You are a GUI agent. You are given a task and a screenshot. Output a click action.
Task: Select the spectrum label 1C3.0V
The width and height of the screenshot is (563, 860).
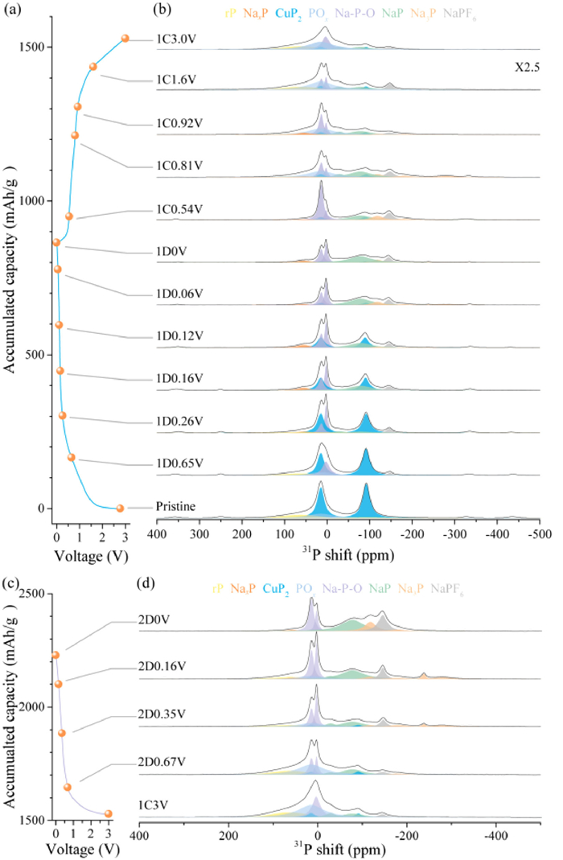click(179, 39)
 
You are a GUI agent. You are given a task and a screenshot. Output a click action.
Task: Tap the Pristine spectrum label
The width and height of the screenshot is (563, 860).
click(178, 507)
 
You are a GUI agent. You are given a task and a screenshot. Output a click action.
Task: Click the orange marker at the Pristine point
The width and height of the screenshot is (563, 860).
click(121, 508)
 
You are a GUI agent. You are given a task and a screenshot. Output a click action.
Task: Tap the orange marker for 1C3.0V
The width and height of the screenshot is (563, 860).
click(125, 38)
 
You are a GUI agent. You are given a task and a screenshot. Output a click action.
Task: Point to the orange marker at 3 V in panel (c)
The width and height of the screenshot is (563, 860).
click(109, 813)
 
